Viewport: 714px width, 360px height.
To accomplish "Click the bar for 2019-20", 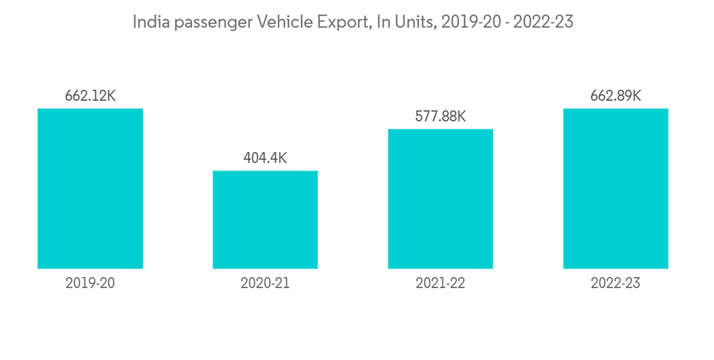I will [90, 189].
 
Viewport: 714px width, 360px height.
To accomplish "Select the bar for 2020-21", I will [265, 220].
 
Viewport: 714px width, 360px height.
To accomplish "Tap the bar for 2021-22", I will [441, 199].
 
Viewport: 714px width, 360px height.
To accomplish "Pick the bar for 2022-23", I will [615, 189].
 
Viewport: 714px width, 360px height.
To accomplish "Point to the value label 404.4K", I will [265, 159].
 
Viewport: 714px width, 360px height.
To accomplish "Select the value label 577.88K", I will [441, 116].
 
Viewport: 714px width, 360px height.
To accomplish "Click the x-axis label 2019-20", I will [90, 284].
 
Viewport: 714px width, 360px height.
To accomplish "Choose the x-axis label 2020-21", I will [265, 284].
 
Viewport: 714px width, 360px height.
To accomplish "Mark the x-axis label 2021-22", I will [441, 284].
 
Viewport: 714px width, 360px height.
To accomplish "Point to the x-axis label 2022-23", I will [615, 284].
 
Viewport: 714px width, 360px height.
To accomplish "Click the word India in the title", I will [148, 22].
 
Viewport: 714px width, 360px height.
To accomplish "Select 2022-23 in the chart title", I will [545, 22].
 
